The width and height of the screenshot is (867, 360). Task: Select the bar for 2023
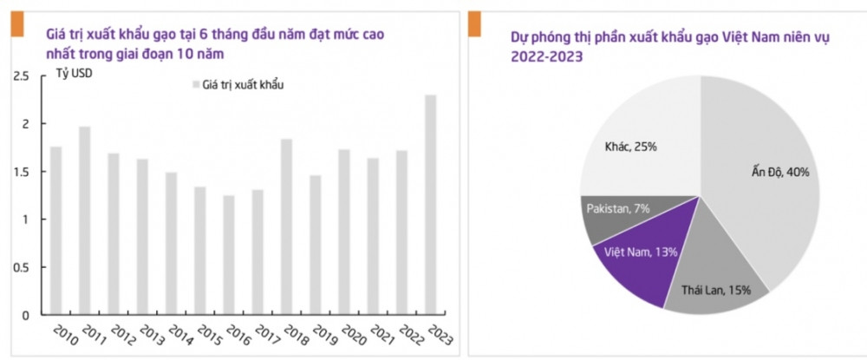click(x=431, y=205)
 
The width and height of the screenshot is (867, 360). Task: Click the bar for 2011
click(x=85, y=220)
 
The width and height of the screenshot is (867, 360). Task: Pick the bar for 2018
click(x=287, y=226)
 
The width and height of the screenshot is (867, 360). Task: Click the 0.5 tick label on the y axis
click(x=21, y=267)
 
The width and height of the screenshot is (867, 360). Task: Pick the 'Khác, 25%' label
click(x=631, y=147)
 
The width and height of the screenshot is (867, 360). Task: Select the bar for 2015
click(x=200, y=251)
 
